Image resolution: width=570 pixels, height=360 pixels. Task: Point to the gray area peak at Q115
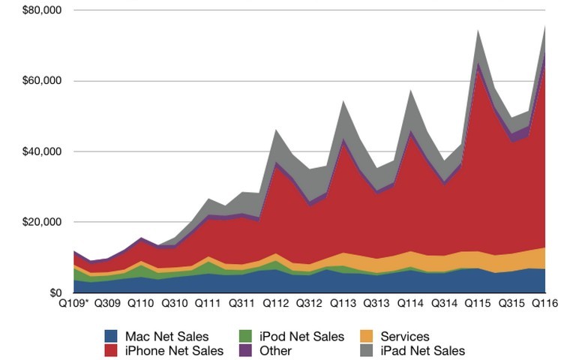[x=477, y=33]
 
